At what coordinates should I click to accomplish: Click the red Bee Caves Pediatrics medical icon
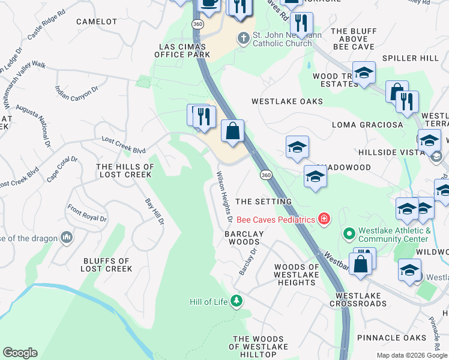(x=324, y=219)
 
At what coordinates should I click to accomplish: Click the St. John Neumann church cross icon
(x=243, y=38)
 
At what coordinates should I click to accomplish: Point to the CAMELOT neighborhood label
(x=97, y=22)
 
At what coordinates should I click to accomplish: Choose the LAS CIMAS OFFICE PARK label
(x=182, y=50)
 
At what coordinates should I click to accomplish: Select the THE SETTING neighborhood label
(x=264, y=202)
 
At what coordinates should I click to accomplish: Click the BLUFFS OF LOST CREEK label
(x=106, y=265)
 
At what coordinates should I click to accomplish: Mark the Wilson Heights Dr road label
(x=224, y=193)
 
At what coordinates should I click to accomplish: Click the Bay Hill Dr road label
(x=154, y=212)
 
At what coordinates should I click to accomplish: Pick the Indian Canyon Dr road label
(x=76, y=92)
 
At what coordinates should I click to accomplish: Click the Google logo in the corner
(x=20, y=353)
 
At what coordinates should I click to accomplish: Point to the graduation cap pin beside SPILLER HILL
(x=364, y=73)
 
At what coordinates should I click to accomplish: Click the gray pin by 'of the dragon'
(x=67, y=238)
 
